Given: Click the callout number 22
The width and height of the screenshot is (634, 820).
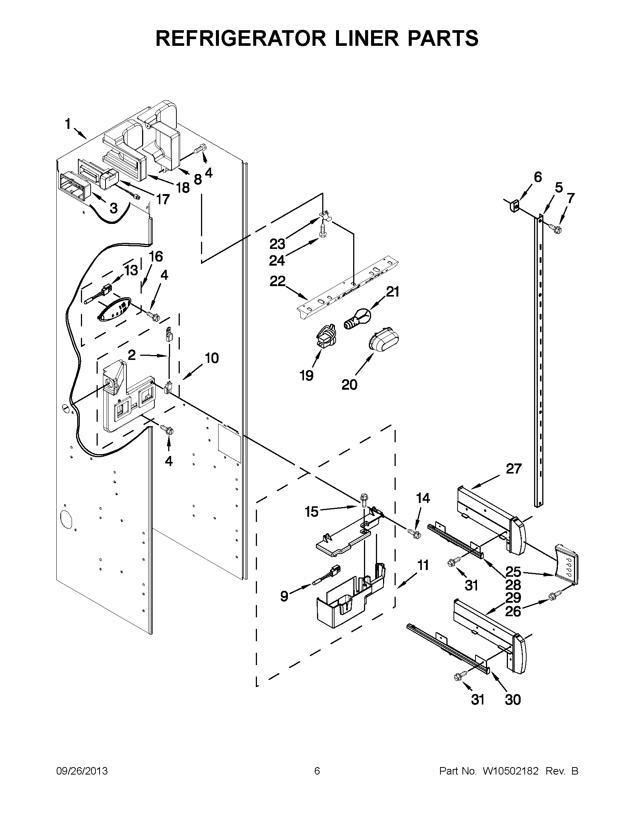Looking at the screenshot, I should [277, 281].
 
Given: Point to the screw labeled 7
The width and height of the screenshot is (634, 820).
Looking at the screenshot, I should [555, 228].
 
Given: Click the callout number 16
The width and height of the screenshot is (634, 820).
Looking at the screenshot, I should [156, 257].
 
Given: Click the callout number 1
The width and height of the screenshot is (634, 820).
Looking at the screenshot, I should [68, 124].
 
